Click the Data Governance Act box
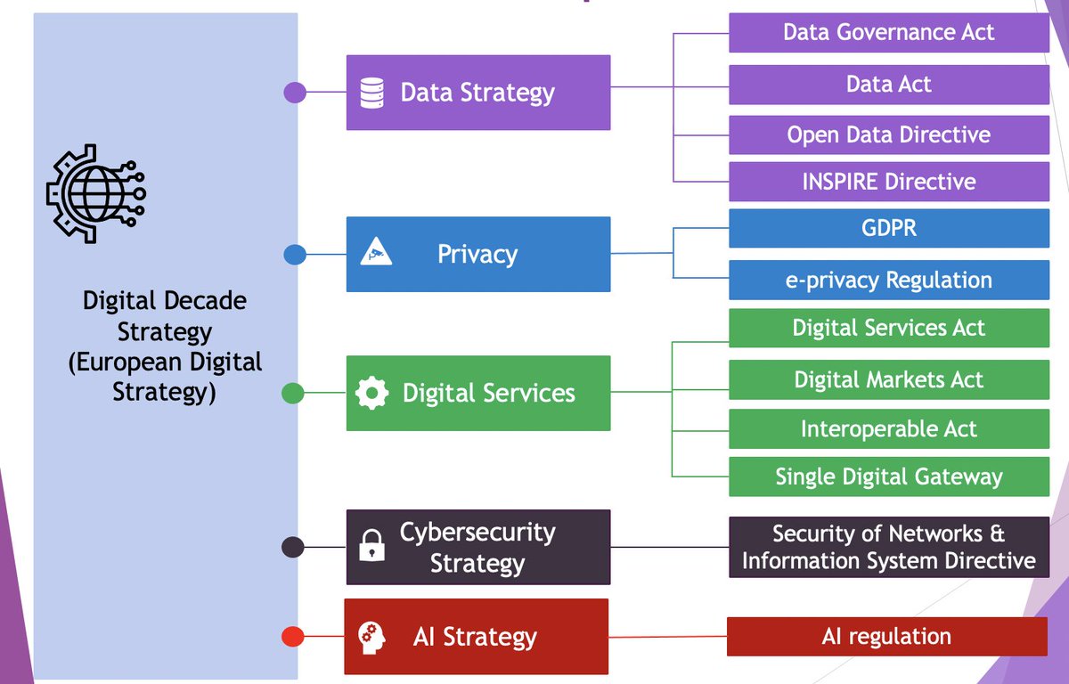pyautogui.click(x=888, y=33)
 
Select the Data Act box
pyautogui.click(x=888, y=85)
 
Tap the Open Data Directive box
pyautogui.click(x=888, y=135)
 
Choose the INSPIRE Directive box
pyautogui.click(x=888, y=182)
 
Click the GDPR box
pyautogui.click(x=888, y=229)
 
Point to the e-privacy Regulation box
pyautogui.click(x=888, y=280)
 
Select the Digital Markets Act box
pyautogui.click(x=888, y=380)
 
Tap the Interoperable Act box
pyautogui.click(x=888, y=429)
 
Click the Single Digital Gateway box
pyautogui.click(x=888, y=477)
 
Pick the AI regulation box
pyautogui.click(x=886, y=637)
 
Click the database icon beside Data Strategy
pyautogui.click(x=371, y=93)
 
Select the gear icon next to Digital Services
pyautogui.click(x=371, y=393)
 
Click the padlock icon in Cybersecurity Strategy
pyautogui.click(x=371, y=546)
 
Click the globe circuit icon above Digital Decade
pyautogui.click(x=96, y=190)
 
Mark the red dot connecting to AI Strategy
pyautogui.click(x=293, y=637)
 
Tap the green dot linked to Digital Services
pyautogui.click(x=293, y=393)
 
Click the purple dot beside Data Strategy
pyautogui.click(x=295, y=93)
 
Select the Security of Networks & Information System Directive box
pyautogui.click(x=888, y=547)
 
